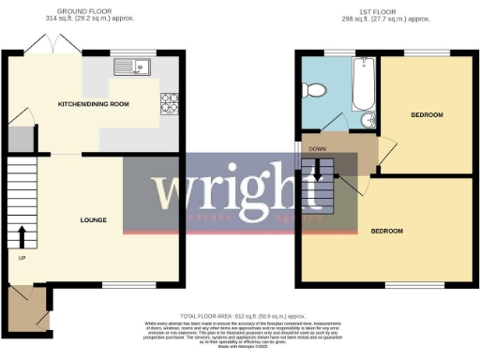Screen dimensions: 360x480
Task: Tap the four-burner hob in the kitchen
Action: pyautogui.click(x=170, y=100)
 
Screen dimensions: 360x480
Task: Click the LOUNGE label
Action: pyautogui.click(x=92, y=220)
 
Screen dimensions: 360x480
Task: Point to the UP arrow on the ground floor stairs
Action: pyautogui.click(x=21, y=233)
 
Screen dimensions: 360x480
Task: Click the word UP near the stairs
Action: pyautogui.click(x=20, y=256)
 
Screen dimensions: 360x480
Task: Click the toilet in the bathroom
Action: pyautogui.click(x=317, y=90)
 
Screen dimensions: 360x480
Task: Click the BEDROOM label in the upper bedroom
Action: pyautogui.click(x=427, y=114)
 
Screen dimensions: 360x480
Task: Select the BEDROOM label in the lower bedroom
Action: pyautogui.click(x=385, y=231)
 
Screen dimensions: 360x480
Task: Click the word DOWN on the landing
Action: pyautogui.click(x=318, y=148)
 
